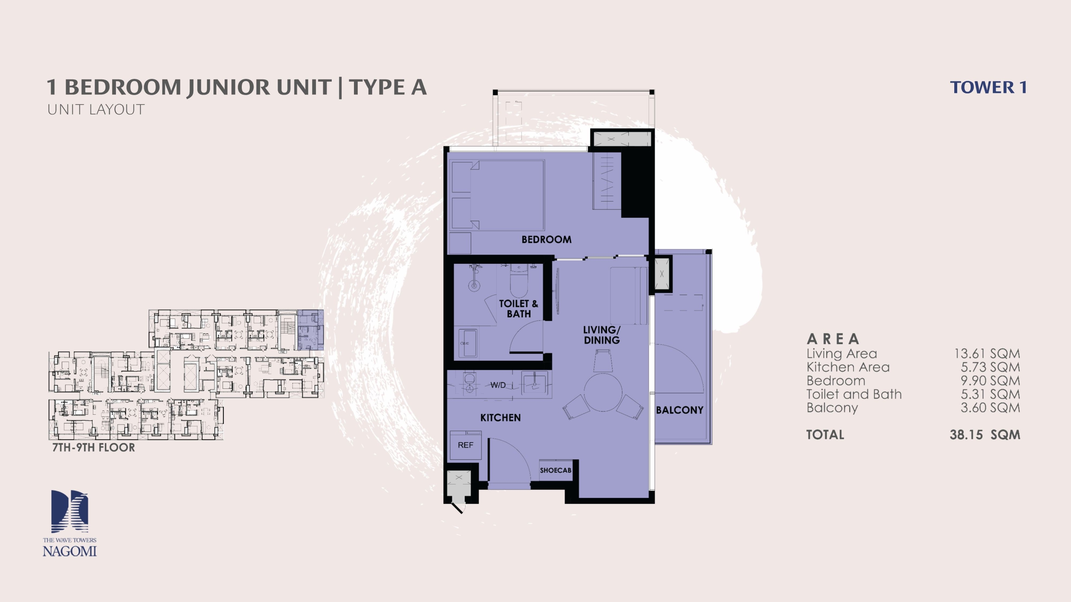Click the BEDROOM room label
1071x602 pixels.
tap(546, 240)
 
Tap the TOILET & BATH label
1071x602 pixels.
tap(518, 309)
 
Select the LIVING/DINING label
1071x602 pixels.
tap(602, 335)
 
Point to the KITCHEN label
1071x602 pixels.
tap(500, 418)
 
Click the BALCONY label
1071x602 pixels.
tap(679, 410)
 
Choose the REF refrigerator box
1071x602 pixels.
tap(465, 445)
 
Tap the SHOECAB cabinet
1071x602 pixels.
tap(556, 470)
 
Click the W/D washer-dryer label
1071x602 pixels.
tap(498, 385)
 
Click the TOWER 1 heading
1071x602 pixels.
tap(988, 87)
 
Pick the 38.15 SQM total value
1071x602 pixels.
tap(985, 435)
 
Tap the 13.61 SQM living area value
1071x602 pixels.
tap(987, 354)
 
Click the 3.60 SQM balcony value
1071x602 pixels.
tap(990, 408)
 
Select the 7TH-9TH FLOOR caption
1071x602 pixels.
tap(94, 448)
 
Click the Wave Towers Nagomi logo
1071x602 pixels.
tap(69, 523)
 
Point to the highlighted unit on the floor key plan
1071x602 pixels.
tap(310, 330)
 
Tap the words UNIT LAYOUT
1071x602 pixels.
tap(96, 110)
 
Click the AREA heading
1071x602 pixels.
tap(833, 339)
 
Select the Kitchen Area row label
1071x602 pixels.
tap(848, 367)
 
